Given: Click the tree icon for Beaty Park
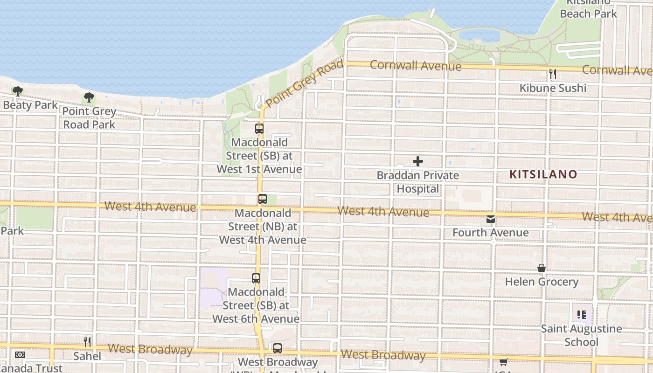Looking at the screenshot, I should pyautogui.click(x=18, y=91).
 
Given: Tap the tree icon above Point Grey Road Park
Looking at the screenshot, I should pyautogui.click(x=89, y=97).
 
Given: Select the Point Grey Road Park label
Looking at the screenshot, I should pyautogui.click(x=89, y=118).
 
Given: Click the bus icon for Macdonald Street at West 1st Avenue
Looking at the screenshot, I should pyautogui.click(x=259, y=129).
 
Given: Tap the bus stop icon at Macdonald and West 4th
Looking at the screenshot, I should pyautogui.click(x=263, y=199).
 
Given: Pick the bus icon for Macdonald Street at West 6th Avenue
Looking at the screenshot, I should pyautogui.click(x=256, y=278).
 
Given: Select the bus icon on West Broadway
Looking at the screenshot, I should pyautogui.click(x=278, y=348).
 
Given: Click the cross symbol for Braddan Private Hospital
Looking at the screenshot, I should pyautogui.click(x=418, y=161).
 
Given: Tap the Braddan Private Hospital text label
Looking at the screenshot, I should pyautogui.click(x=418, y=182).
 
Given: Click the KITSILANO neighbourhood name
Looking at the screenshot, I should pyautogui.click(x=543, y=174).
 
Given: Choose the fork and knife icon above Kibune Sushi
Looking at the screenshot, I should pyautogui.click(x=553, y=74).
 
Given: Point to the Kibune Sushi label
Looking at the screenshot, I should pyautogui.click(x=553, y=88).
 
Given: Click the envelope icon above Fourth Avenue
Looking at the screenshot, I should pyautogui.click(x=491, y=219).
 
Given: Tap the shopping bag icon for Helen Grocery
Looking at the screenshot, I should pyautogui.click(x=542, y=268).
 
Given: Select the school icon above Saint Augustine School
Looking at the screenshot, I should pyautogui.click(x=581, y=315).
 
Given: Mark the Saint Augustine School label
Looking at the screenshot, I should pyautogui.click(x=581, y=335).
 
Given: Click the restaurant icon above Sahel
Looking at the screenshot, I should pyautogui.click(x=87, y=342).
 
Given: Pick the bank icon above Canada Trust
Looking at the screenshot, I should pyautogui.click(x=20, y=355).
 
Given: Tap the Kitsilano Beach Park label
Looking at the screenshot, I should pyautogui.click(x=588, y=8).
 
